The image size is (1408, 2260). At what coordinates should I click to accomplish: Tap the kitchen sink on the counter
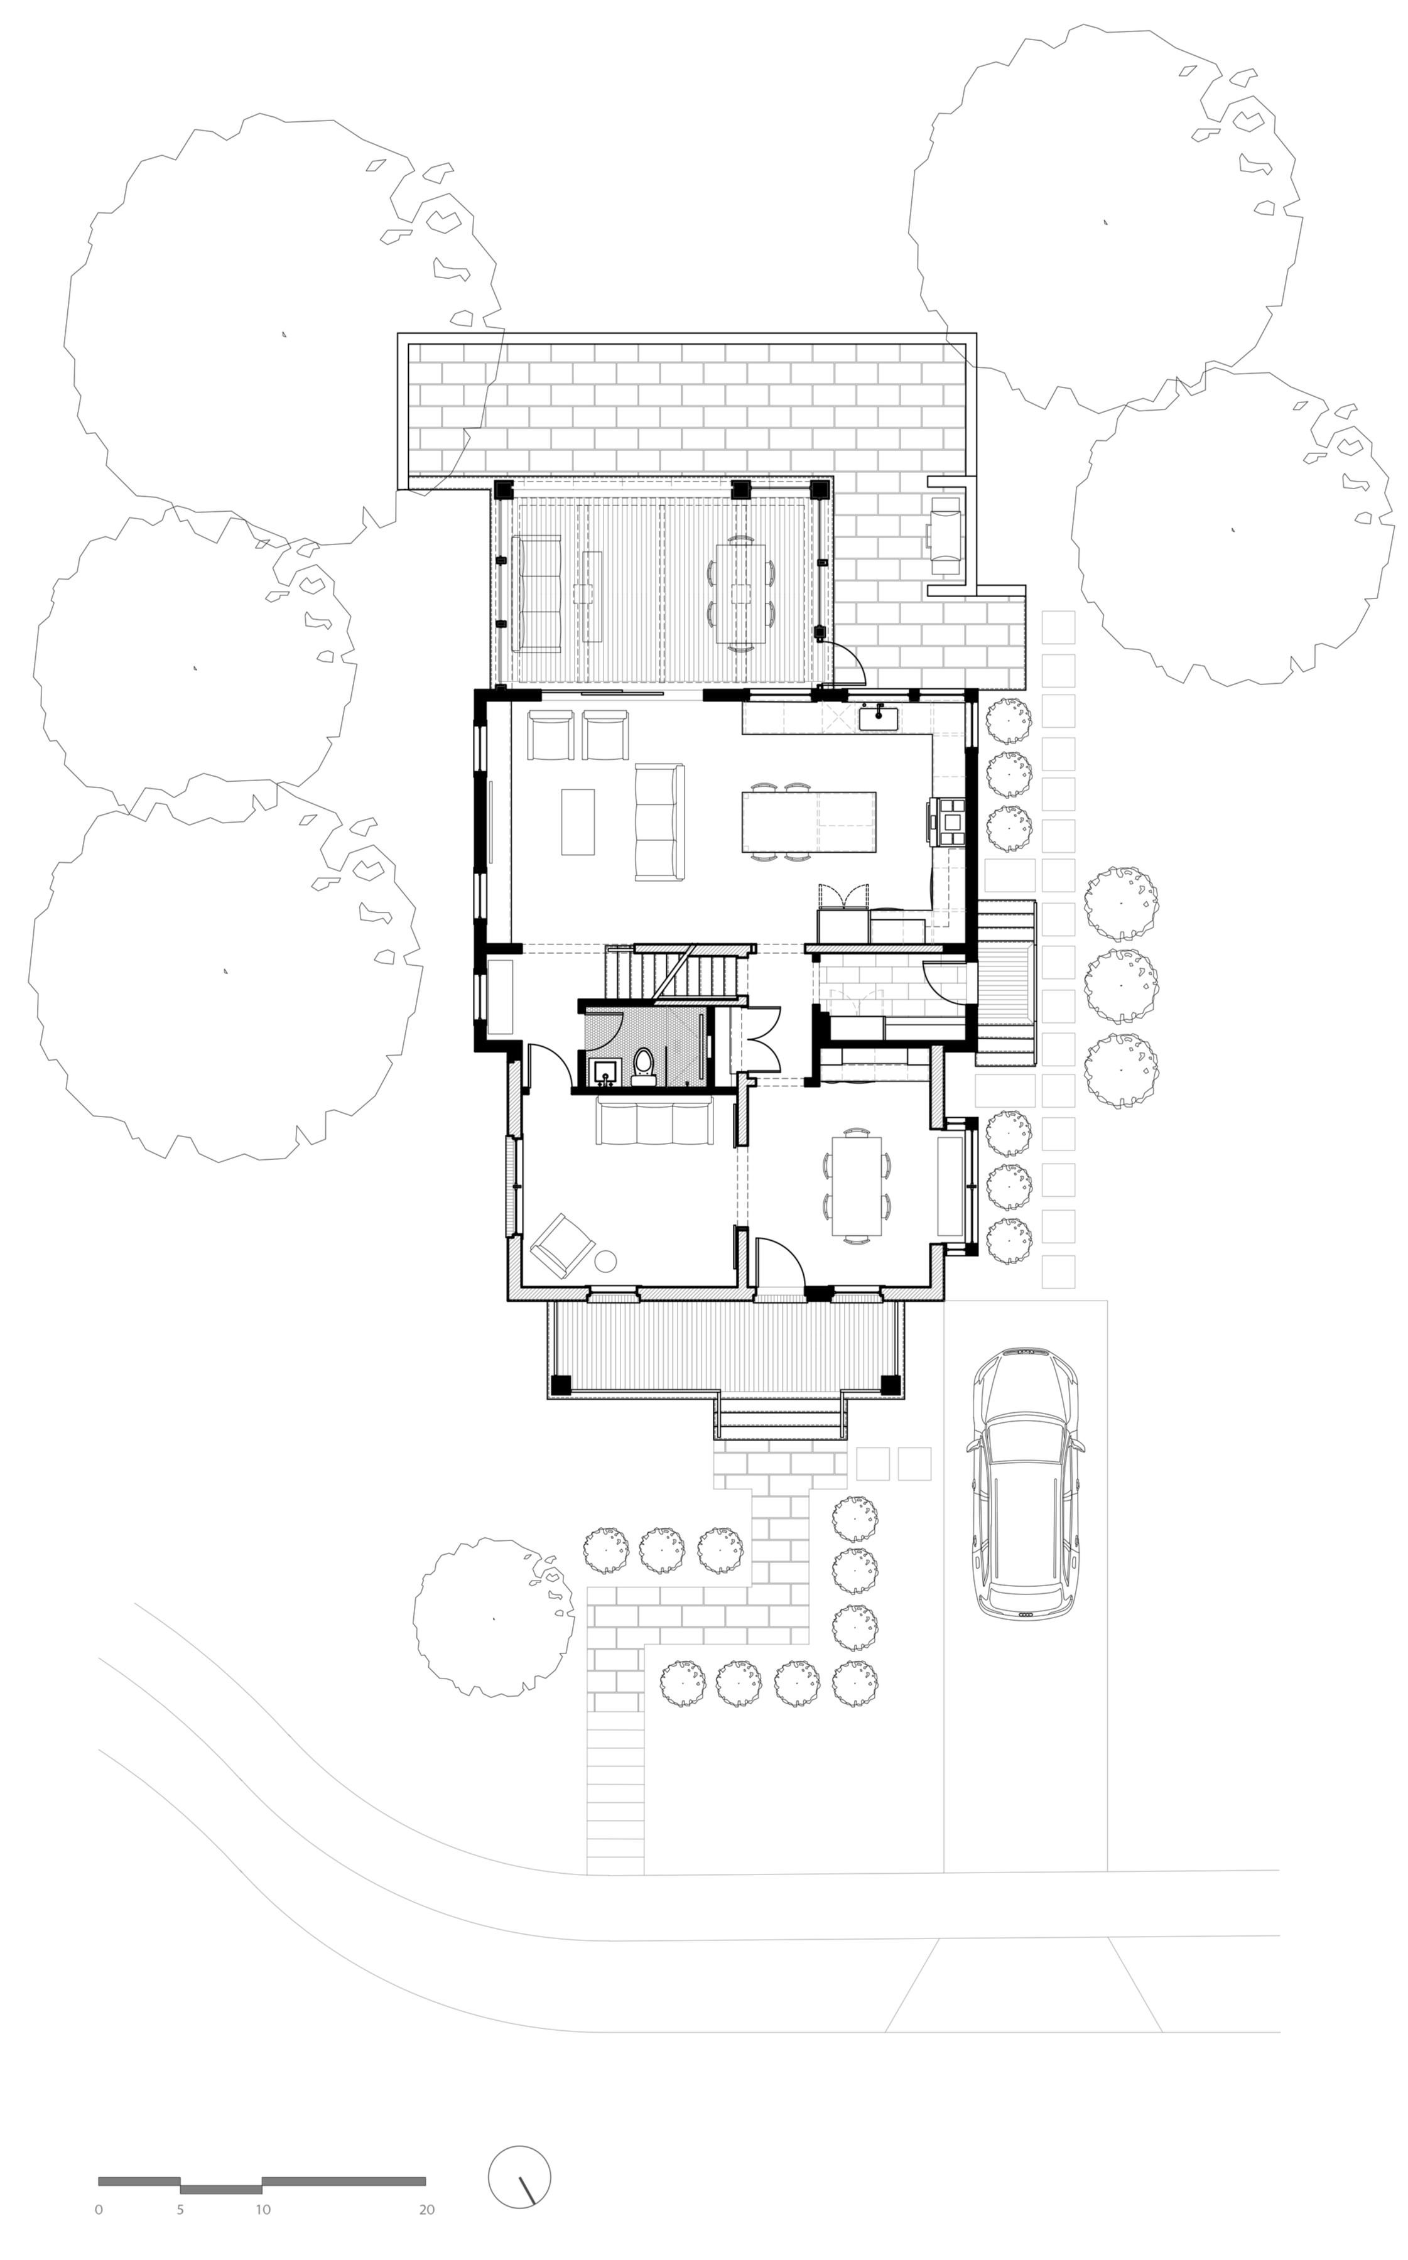click(x=878, y=719)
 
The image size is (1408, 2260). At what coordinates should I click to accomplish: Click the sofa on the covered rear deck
click(x=538, y=592)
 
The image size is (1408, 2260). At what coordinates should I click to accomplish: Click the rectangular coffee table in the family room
click(x=577, y=821)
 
